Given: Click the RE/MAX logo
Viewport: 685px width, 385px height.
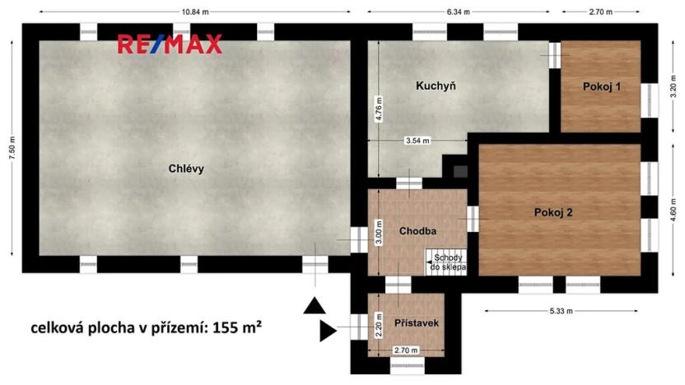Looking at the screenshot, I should coord(170,44).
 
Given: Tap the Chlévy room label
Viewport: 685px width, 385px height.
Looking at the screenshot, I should coord(186,169).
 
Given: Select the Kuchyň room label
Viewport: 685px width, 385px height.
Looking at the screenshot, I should coord(436,86).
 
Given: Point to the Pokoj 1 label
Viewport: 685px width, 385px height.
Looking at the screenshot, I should coord(601,86).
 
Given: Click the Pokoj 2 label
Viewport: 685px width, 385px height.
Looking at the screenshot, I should coord(552,212).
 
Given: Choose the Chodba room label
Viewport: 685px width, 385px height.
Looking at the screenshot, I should coord(417,231).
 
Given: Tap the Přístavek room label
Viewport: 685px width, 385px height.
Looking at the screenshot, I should coord(415,322).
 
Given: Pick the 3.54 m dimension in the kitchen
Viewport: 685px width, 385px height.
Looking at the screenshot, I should coord(418,141).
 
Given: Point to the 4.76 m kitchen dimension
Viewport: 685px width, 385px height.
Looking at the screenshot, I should coord(379,109).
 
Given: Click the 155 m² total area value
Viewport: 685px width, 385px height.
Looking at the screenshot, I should coord(236,327).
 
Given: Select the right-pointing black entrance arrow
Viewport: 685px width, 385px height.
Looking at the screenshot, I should coord(328,332).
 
